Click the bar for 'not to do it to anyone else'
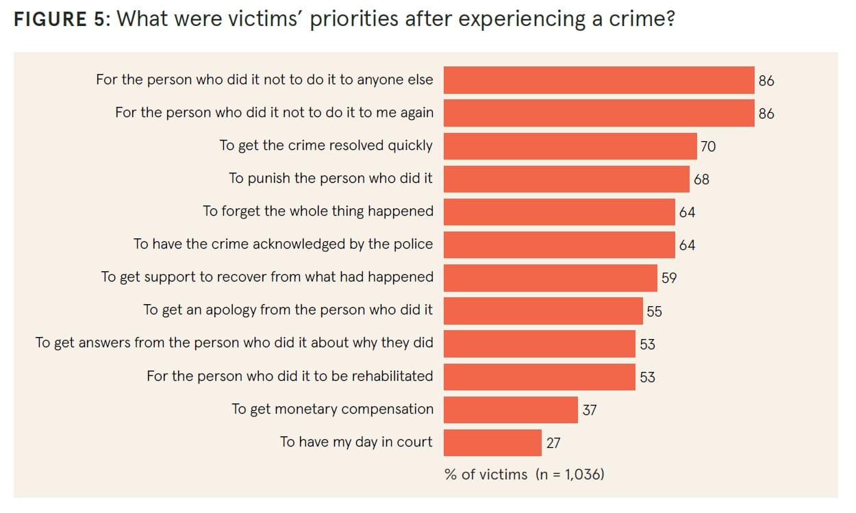[599, 80]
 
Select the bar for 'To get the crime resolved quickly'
[570, 146]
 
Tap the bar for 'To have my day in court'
[492, 442]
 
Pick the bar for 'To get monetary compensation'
[510, 410]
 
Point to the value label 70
[708, 147]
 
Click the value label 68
[701, 179]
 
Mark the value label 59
[668, 278]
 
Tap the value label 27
[553, 443]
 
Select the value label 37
[589, 410]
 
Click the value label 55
[654, 311]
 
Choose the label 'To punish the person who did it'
[331, 179]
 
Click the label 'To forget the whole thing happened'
[318, 211]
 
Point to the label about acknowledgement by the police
[283, 244]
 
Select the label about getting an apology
[288, 310]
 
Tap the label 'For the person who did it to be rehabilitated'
[290, 376]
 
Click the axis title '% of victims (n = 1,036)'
[524, 474]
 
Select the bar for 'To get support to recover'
[550, 278]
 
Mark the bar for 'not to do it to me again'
[599, 113]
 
